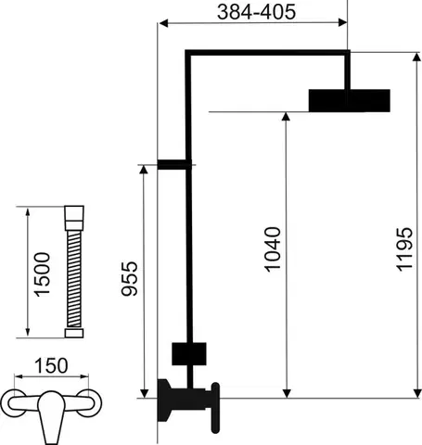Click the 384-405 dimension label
pos(256,12)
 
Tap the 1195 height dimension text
pos(404,249)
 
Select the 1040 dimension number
pos(273,249)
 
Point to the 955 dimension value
pos(129,279)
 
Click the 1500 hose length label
pos(42,274)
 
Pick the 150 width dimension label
pos(51,365)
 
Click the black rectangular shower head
pos(350,100)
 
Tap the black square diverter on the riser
pos(189,353)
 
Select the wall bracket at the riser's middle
pos(174,164)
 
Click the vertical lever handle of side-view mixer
pos(215,408)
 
